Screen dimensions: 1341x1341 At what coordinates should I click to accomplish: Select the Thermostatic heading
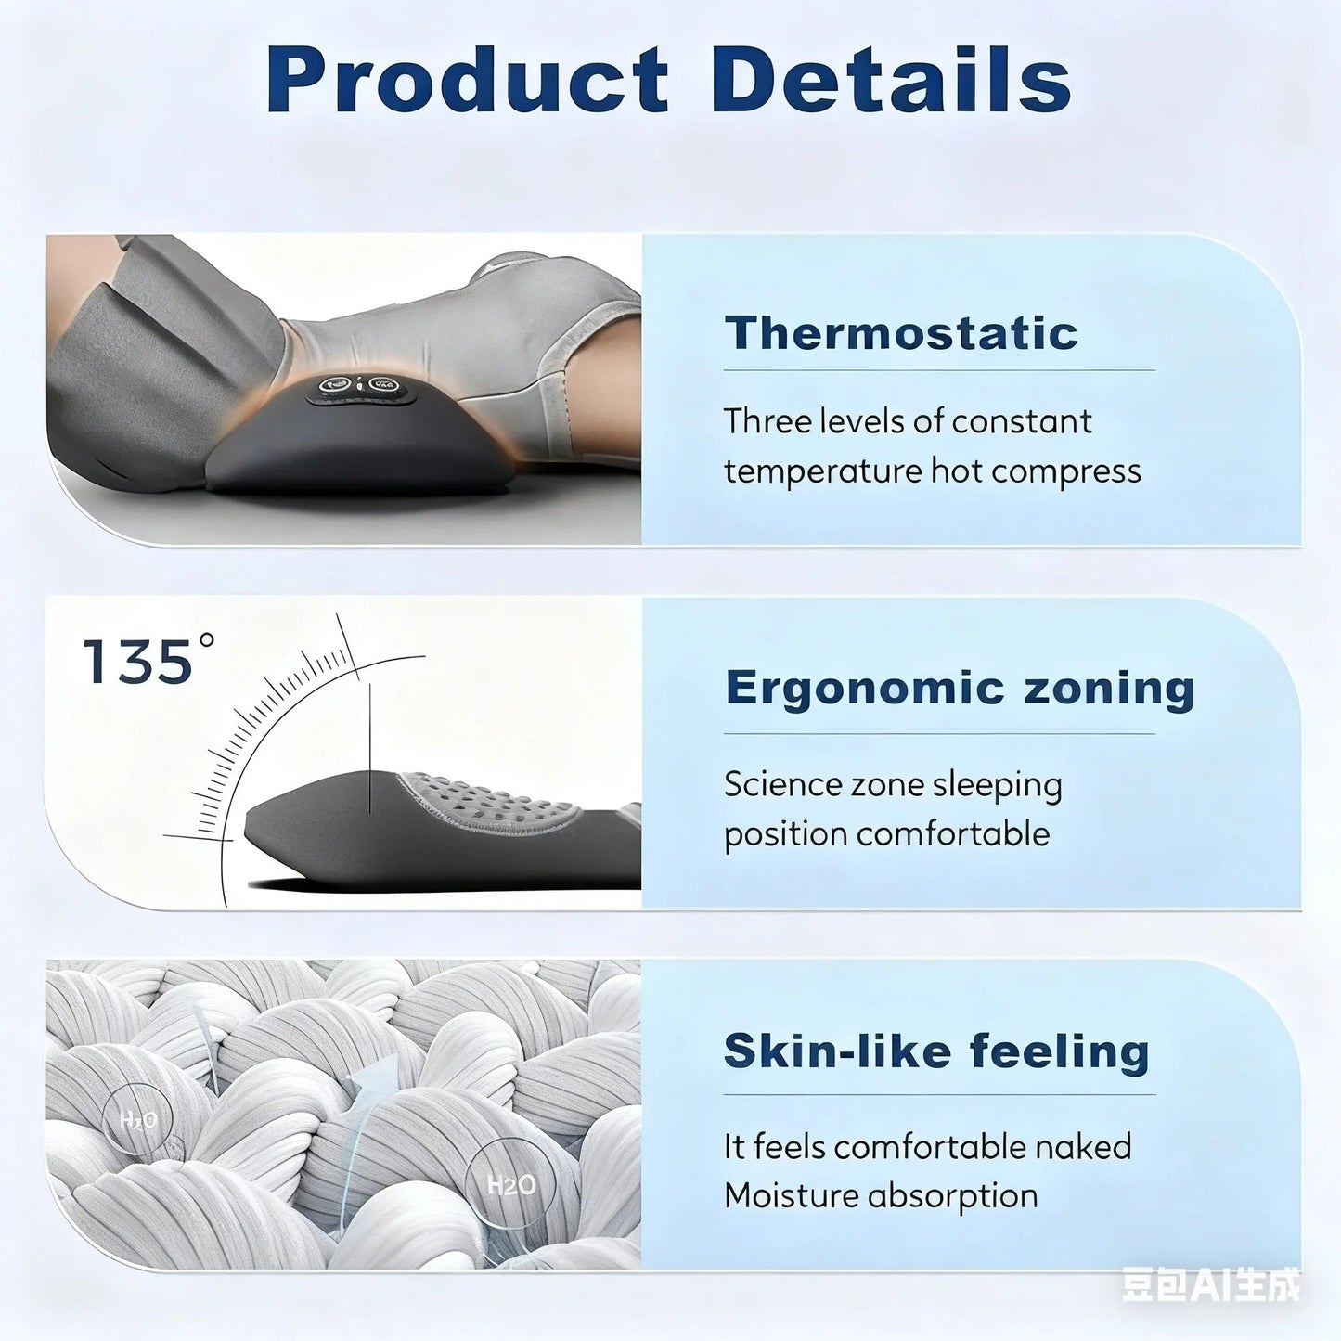tap(901, 333)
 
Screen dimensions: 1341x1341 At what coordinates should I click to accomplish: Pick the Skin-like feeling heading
tap(936, 1051)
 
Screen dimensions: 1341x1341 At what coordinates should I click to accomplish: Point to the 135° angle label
tap(148, 661)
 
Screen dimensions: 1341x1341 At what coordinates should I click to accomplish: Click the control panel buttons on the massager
tap(358, 385)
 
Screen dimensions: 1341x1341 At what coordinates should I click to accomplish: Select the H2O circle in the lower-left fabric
tap(138, 1119)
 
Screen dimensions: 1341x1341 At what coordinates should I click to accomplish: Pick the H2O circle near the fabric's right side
tap(510, 1185)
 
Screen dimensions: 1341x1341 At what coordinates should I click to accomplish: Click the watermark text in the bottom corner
tap(1210, 1285)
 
